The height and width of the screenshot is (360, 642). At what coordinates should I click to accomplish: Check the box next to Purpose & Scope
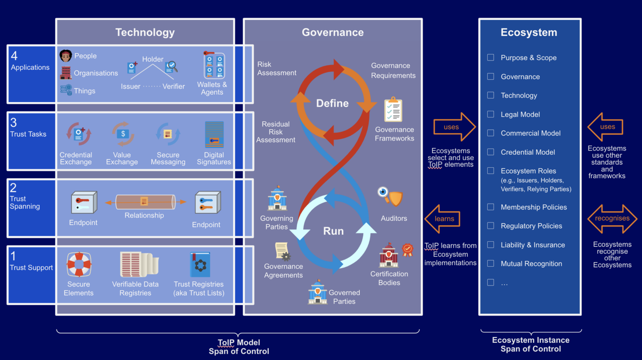(x=491, y=57)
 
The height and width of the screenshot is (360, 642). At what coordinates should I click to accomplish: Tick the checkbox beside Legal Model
(x=491, y=114)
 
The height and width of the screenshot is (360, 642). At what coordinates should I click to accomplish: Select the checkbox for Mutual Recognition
(x=491, y=263)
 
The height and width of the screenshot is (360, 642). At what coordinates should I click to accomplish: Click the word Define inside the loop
(x=332, y=103)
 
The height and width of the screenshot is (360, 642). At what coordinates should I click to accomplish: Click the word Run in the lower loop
(x=333, y=231)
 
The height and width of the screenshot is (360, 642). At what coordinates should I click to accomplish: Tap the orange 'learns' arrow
(x=443, y=219)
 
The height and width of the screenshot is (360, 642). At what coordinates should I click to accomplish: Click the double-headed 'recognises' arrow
(x=612, y=219)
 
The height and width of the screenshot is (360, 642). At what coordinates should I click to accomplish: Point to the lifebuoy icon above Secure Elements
(x=79, y=264)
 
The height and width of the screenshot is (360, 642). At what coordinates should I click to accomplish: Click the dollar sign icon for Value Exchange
(x=123, y=134)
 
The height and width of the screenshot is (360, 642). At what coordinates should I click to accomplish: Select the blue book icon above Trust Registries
(x=200, y=264)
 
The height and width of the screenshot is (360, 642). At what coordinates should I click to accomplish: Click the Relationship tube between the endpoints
(x=145, y=202)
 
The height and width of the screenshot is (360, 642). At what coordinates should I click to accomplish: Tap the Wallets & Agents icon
(x=214, y=66)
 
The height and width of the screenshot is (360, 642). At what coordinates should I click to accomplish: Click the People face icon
(x=66, y=56)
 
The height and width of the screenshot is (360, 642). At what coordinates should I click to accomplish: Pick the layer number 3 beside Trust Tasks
(x=14, y=123)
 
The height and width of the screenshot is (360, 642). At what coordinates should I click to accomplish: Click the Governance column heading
(x=333, y=33)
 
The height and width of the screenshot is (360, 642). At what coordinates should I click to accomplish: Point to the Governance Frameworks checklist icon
(x=393, y=110)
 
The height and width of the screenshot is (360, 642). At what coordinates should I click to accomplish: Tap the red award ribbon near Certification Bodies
(x=408, y=250)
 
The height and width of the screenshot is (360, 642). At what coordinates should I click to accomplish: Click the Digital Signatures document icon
(x=214, y=134)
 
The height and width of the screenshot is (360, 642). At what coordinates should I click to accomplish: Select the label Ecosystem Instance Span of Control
(x=530, y=345)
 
